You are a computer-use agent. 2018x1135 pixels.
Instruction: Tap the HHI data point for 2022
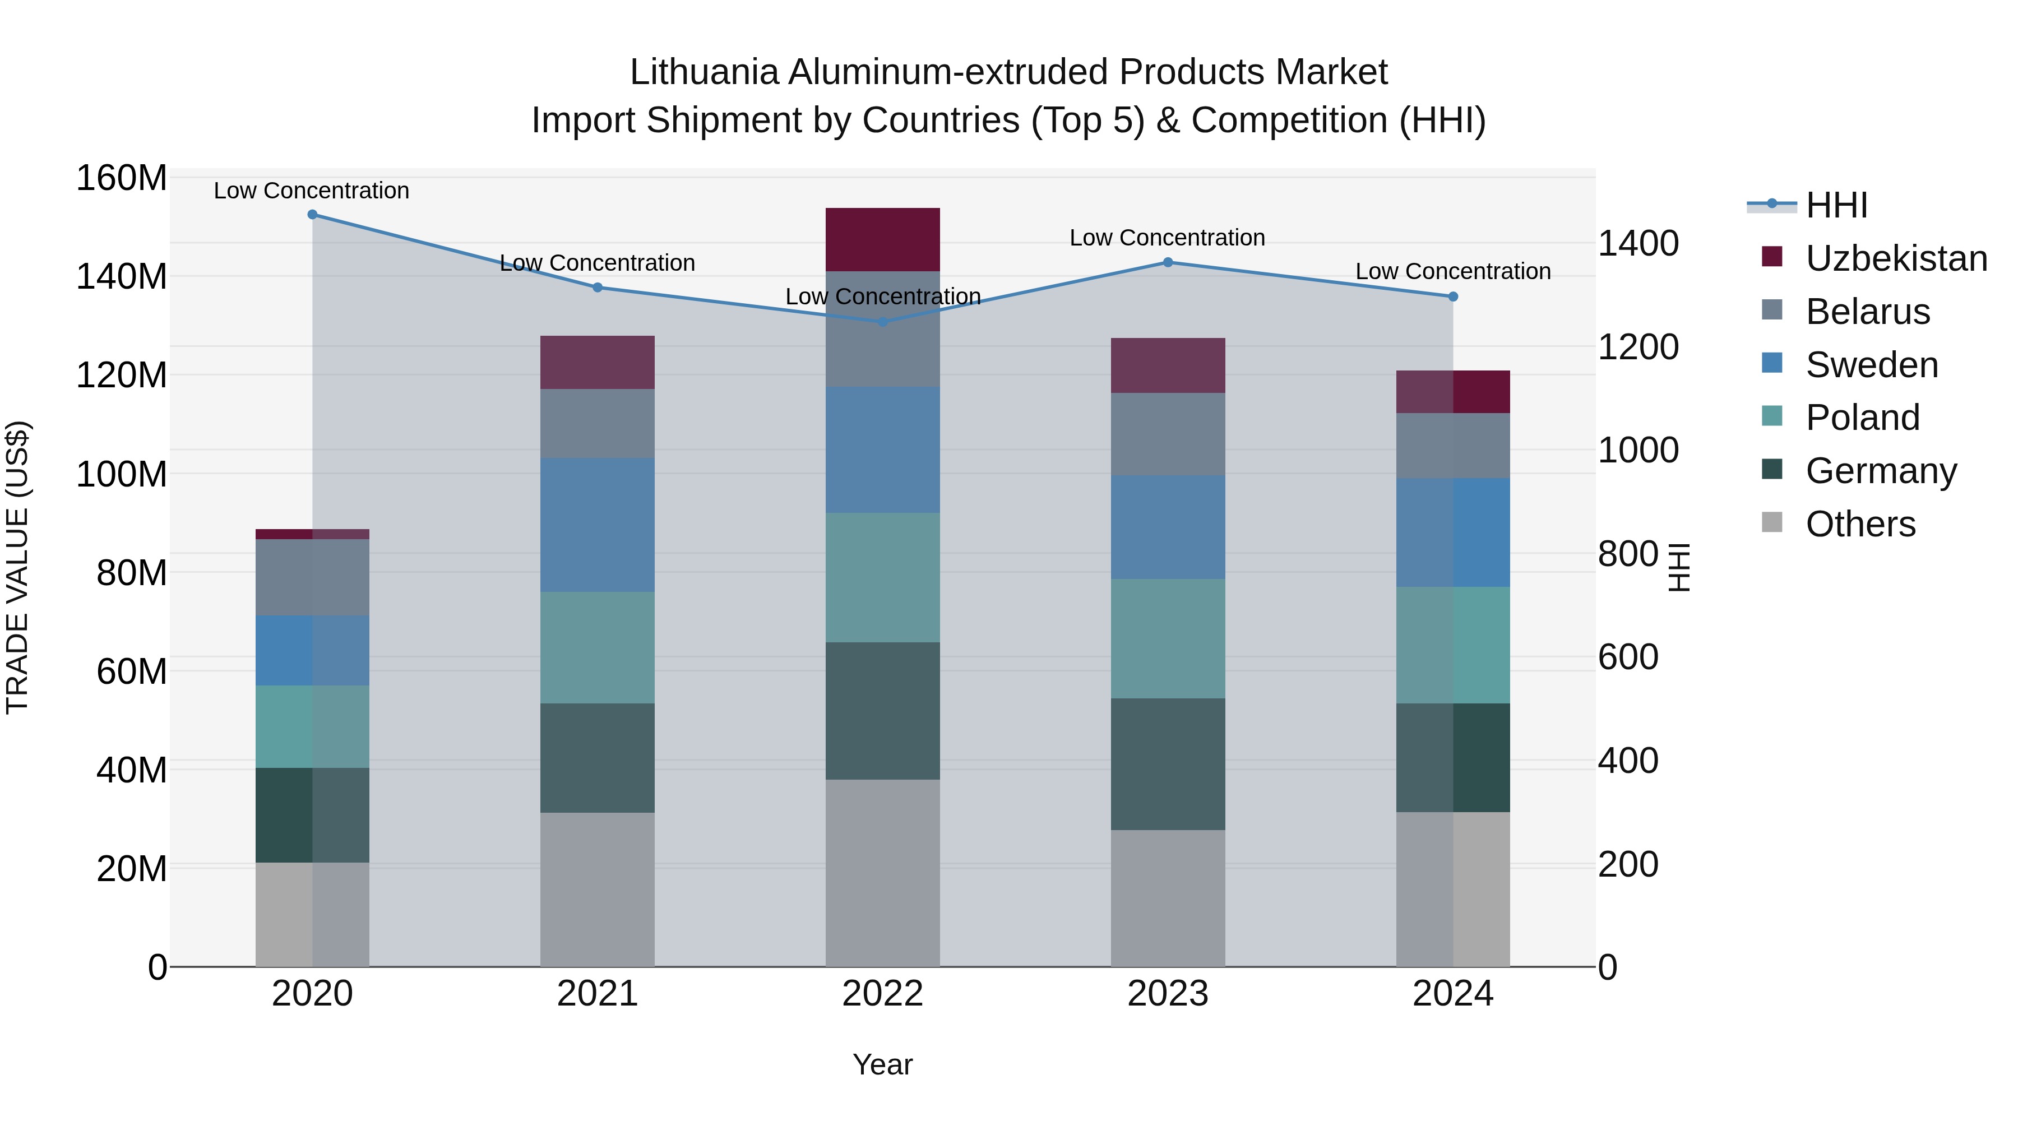(882, 322)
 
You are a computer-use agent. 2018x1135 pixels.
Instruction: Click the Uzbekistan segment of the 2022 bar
(882, 240)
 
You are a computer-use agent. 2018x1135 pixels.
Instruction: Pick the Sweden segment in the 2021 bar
(597, 525)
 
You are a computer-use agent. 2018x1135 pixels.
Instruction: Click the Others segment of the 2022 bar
(882, 873)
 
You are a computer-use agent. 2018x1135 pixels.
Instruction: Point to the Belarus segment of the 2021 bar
(597, 424)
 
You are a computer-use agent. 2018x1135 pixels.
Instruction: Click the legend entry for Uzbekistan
(1896, 258)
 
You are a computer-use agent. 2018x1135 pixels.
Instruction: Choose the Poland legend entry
(1862, 418)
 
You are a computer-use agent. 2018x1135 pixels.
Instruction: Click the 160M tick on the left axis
(122, 179)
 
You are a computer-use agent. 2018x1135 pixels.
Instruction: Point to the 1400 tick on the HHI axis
(1638, 244)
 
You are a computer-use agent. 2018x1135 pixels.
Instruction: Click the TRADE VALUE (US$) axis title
(17, 567)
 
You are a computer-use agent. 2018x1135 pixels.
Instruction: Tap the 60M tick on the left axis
(132, 671)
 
